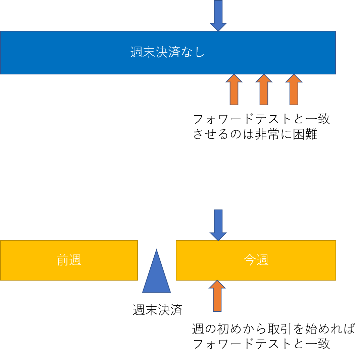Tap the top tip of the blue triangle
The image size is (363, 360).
click(x=156, y=250)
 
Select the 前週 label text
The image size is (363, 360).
click(x=69, y=260)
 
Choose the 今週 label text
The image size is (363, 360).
click(x=256, y=260)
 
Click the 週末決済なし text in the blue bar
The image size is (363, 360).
click(x=167, y=52)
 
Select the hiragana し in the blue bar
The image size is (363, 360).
click(x=200, y=52)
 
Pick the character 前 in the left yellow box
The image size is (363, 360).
click(x=63, y=260)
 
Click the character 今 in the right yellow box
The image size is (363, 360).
click(x=250, y=260)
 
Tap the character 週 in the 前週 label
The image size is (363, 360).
click(x=75, y=260)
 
